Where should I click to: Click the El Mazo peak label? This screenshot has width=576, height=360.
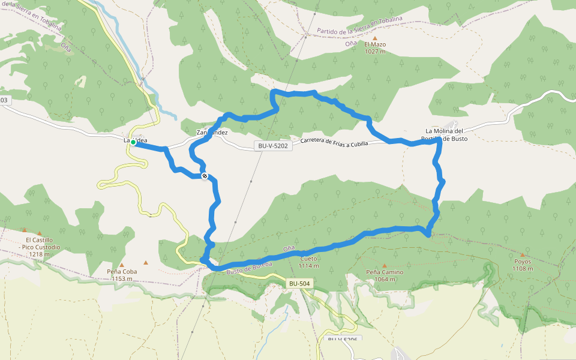[374, 44]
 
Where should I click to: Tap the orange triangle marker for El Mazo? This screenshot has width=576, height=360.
[375, 38]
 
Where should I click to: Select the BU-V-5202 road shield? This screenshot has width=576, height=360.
[274, 145]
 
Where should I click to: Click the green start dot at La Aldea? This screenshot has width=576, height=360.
[133, 142]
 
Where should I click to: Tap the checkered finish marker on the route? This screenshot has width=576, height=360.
[205, 176]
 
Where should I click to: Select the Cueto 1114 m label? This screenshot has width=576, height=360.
[308, 262]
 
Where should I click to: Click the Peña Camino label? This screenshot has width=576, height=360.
[385, 272]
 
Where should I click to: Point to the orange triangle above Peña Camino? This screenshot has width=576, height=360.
[385, 265]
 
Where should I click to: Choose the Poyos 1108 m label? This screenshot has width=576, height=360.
[523, 265]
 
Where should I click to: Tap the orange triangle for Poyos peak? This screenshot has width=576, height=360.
[522, 254]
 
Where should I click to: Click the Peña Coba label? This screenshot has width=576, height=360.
[122, 271]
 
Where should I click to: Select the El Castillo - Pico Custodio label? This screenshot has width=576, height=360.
[39, 244]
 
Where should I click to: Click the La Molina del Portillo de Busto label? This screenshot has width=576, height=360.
[444, 134]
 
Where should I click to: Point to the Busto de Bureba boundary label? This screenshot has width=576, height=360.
[249, 268]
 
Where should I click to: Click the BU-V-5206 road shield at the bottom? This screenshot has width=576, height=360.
[342, 340]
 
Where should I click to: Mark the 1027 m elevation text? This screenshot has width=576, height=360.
[374, 52]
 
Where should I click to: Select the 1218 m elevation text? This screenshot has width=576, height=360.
[39, 254]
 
